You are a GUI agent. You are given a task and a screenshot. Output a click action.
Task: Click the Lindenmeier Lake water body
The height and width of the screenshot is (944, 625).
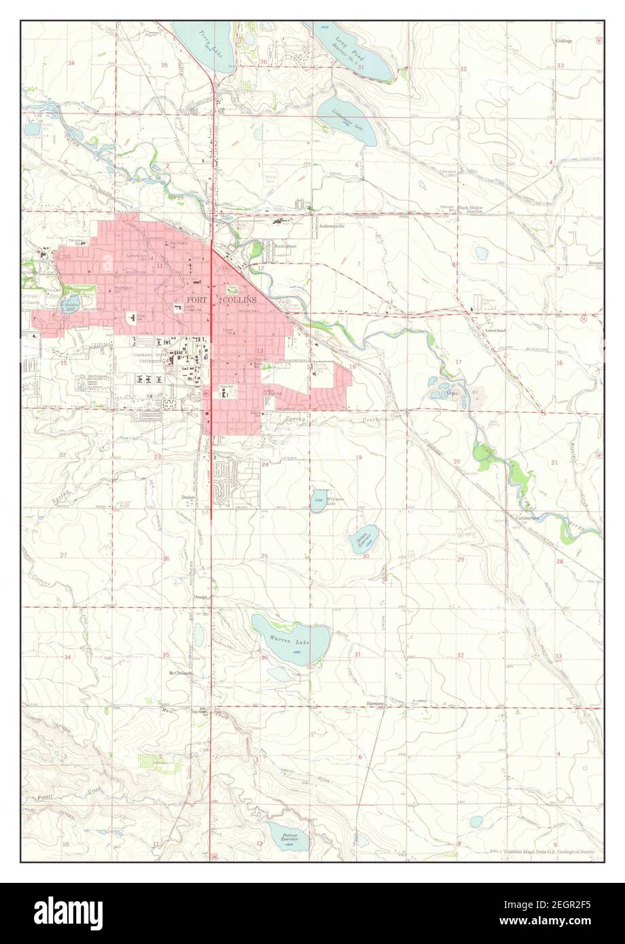346,120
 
